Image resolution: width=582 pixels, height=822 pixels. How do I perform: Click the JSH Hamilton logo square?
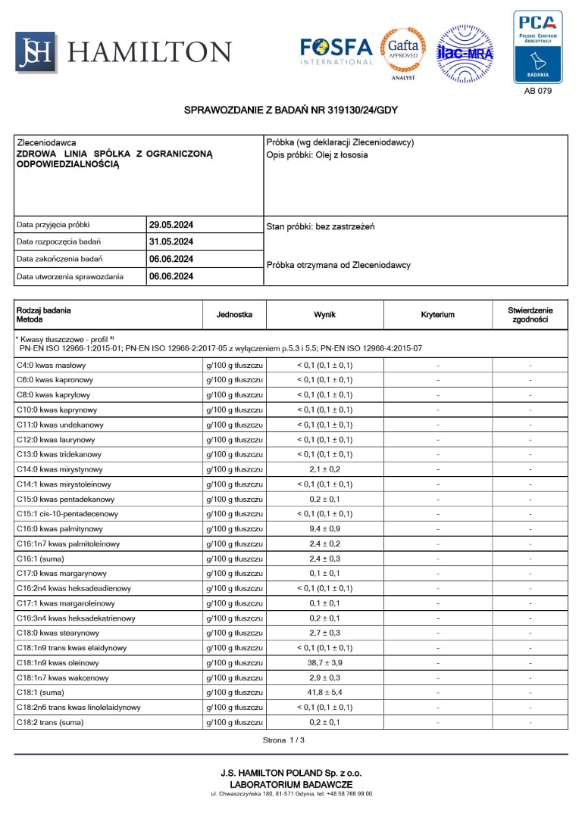tap(36, 52)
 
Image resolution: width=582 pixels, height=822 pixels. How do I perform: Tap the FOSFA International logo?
tap(336, 51)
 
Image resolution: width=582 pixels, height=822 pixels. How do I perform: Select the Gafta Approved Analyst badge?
tap(402, 51)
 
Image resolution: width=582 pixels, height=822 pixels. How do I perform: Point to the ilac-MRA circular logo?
tap(465, 53)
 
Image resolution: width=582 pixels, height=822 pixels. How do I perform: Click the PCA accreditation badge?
tap(537, 46)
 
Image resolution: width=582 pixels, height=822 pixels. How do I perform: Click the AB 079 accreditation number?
tap(538, 91)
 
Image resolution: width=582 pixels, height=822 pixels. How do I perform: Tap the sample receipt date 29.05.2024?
tap(171, 225)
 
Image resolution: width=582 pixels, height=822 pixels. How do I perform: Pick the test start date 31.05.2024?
tap(171, 242)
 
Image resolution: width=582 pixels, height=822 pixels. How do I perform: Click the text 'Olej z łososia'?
tap(342, 155)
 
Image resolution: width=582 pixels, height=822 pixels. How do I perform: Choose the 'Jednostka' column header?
tap(234, 314)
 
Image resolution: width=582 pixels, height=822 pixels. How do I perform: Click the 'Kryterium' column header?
tap(438, 314)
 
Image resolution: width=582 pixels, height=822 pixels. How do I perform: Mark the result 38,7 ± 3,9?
tap(324, 662)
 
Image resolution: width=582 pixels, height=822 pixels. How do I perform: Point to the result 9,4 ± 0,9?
tap(324, 529)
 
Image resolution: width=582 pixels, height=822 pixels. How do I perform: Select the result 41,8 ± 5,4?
tap(324, 692)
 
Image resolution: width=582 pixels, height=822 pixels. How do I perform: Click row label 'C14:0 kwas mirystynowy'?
tap(60, 469)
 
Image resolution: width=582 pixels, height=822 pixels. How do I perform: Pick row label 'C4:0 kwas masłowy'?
tap(52, 366)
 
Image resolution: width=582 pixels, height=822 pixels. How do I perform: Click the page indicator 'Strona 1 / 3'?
tap(283, 739)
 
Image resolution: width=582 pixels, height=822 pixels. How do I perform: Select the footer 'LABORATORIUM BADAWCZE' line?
tap(291, 784)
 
